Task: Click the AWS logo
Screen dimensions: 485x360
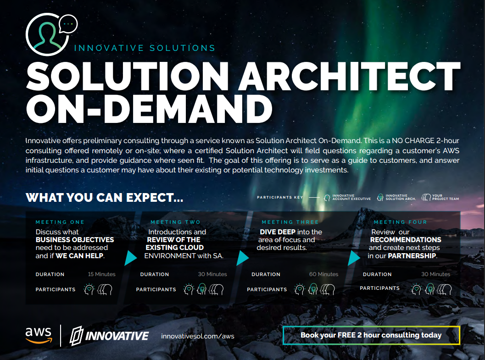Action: [39, 335]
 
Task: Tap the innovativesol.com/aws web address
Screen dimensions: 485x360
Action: [198, 336]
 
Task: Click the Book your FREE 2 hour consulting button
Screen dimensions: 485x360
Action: [371, 335]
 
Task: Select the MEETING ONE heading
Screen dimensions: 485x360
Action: [60, 222]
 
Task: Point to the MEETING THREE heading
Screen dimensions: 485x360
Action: [290, 222]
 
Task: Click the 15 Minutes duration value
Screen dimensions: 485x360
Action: [102, 274]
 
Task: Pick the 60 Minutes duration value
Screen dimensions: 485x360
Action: [324, 274]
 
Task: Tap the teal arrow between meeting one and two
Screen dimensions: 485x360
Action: [130, 258]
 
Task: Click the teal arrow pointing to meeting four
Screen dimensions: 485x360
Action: [354, 258]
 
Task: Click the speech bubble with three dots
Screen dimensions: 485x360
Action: [68, 24]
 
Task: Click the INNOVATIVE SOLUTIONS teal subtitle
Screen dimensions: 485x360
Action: [145, 48]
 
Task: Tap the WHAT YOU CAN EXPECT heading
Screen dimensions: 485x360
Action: [105, 198]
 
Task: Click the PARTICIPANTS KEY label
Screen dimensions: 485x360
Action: [280, 197]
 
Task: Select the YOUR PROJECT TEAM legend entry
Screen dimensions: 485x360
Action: [440, 197]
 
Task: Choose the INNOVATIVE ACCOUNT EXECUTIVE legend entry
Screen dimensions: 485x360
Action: [347, 197]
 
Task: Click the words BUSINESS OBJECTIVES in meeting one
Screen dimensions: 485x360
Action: [75, 240]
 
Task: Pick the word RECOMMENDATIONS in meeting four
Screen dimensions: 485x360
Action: [406, 240]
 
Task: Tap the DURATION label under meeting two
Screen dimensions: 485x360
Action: [155, 274]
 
